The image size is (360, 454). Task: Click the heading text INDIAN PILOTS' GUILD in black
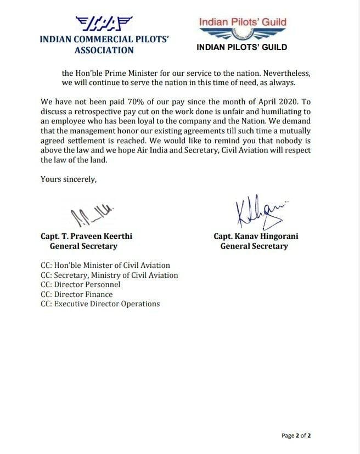tap(241, 47)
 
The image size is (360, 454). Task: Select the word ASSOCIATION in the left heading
tap(104, 50)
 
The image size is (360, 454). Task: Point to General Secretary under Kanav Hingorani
tap(254, 246)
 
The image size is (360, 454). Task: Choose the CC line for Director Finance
tap(77, 294)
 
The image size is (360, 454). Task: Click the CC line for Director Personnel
tap(81, 284)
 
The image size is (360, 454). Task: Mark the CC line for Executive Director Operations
tap(100, 304)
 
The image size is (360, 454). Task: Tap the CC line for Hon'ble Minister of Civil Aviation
tap(105, 265)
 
